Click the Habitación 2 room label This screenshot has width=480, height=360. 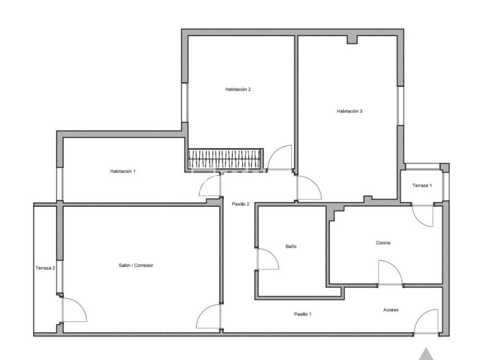coord(238,90)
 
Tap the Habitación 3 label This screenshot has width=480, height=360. coord(350,111)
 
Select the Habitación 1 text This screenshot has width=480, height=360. coord(123,171)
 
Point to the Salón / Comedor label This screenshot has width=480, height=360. coord(136,265)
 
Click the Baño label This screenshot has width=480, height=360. coord(291,246)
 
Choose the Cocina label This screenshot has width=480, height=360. coord(383,243)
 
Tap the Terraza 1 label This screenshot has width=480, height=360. coord(422,186)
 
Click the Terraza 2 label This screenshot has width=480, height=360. coord(45,268)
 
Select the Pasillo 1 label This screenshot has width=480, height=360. coord(303,314)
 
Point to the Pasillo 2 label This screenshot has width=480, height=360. coord(240,204)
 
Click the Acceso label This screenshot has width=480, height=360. coord(391,310)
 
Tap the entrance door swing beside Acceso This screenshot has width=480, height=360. coord(426,322)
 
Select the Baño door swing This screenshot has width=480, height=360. coord(268,259)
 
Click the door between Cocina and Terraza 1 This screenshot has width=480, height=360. coord(423,216)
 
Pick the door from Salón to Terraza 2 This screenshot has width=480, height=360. coord(75,309)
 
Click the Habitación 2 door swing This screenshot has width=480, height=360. coord(280,157)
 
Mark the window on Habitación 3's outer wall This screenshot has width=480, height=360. coord(400,105)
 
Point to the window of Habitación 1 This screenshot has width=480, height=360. coord(60,184)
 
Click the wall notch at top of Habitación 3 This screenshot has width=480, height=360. coord(352,40)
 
